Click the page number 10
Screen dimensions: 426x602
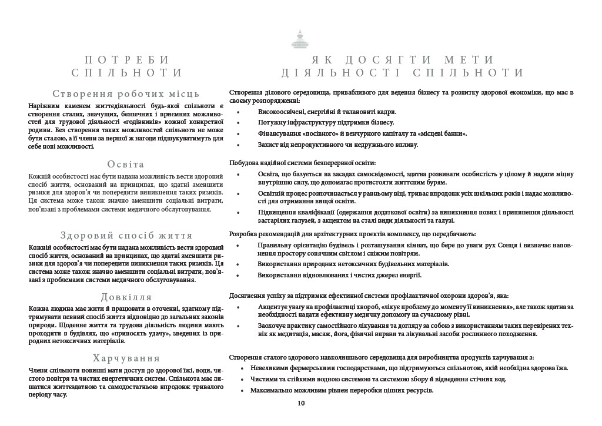click(x=301, y=403)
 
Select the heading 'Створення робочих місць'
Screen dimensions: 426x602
click(x=126, y=93)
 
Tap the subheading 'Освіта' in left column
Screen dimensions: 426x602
click(x=126, y=164)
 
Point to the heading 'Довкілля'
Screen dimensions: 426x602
click(x=126, y=297)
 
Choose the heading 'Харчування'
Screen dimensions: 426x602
click(x=126, y=358)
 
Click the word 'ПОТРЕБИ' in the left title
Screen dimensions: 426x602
click(x=126, y=60)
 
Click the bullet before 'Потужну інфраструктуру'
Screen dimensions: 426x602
click(x=238, y=123)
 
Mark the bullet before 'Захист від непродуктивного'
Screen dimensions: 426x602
click(x=238, y=145)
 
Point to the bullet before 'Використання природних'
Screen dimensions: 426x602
click(x=238, y=265)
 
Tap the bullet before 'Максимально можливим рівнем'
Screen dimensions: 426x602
click(x=243, y=391)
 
